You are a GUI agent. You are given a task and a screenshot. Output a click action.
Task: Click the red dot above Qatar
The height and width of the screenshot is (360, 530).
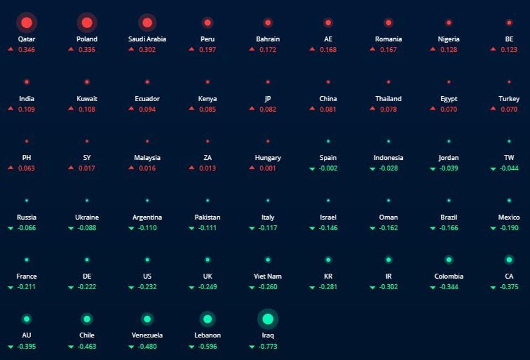point(27,23)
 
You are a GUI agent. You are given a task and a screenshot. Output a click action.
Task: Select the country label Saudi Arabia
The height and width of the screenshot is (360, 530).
point(147,39)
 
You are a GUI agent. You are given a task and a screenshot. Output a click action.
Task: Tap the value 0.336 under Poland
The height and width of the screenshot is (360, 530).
point(87,50)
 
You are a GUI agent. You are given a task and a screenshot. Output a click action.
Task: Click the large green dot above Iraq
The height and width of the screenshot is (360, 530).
point(268,319)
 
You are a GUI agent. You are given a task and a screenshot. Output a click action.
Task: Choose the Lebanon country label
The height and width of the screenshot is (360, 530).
point(208,335)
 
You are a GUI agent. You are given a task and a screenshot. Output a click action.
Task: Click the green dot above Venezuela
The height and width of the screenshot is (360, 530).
point(147,319)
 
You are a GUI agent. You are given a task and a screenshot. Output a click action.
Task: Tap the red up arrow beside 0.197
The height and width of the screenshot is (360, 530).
point(191,49)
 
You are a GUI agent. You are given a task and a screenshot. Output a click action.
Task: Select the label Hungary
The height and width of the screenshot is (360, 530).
point(268,158)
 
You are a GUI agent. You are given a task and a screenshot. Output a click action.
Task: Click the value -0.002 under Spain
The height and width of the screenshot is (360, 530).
point(328,168)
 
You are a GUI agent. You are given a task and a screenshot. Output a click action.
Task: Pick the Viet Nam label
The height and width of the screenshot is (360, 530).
point(268,276)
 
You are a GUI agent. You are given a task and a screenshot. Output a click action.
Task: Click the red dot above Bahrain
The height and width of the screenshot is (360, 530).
point(268,23)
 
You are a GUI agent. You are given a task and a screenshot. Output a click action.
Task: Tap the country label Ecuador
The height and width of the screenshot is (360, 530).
point(147,98)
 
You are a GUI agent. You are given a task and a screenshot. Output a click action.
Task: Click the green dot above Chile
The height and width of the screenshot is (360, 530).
point(87,319)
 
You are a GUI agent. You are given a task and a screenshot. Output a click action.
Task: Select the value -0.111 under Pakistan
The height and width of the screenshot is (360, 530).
point(208,228)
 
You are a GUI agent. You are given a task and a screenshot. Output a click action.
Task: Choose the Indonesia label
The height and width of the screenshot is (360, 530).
point(389,158)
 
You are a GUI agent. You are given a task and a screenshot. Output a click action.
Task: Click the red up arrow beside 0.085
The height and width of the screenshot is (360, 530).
point(191,108)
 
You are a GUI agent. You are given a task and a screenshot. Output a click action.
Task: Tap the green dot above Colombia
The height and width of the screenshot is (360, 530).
point(449,260)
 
